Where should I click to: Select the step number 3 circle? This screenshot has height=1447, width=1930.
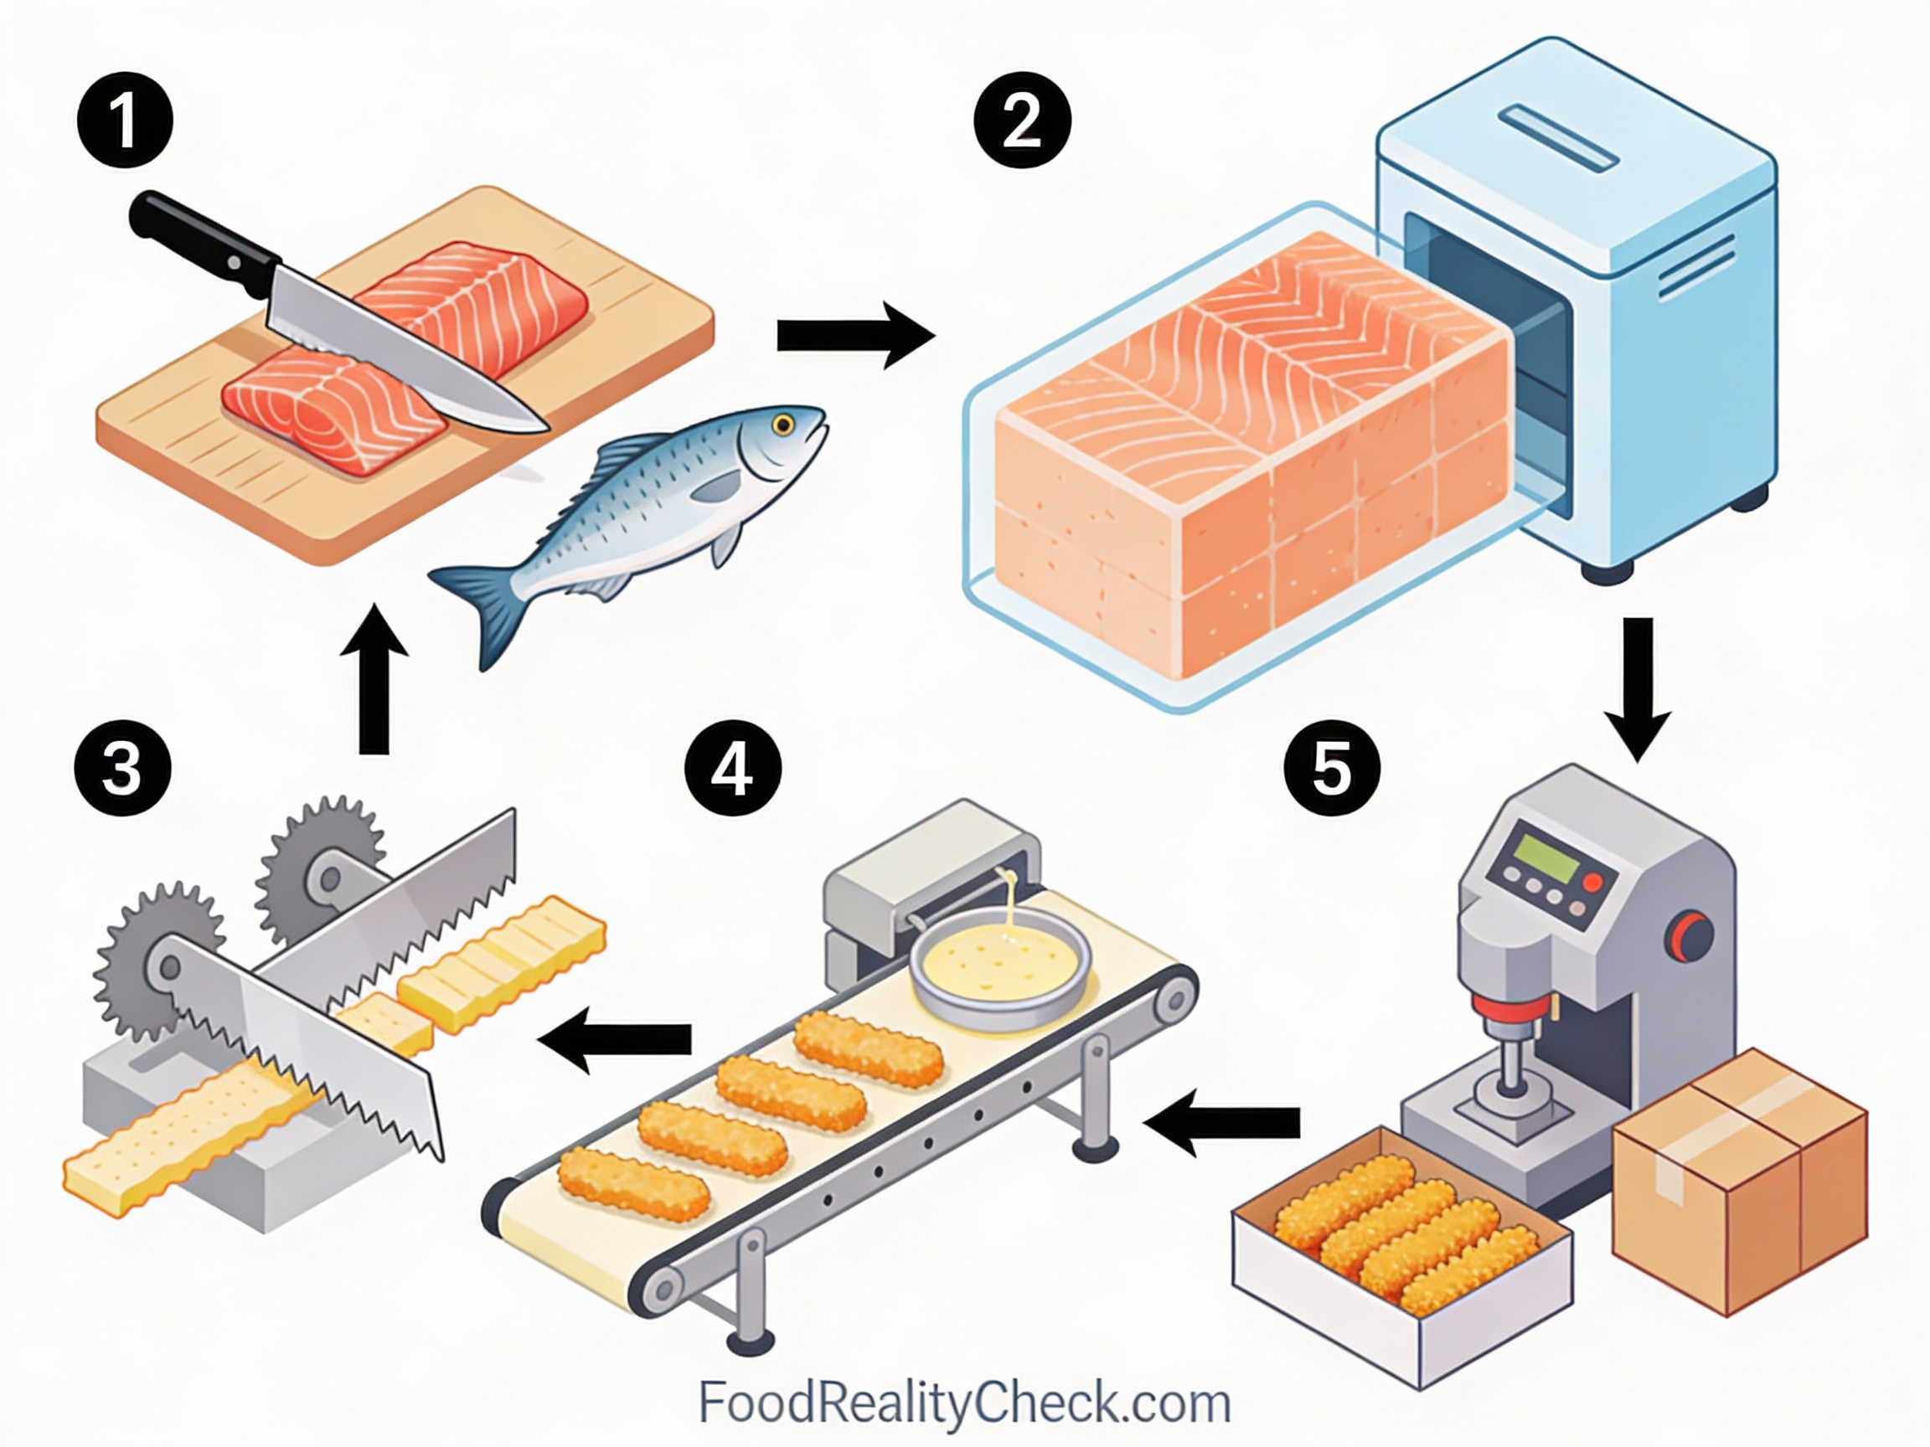click(122, 769)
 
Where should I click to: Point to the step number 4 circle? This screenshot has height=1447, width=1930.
click(733, 769)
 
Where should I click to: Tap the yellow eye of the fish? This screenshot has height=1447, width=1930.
click(782, 425)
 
